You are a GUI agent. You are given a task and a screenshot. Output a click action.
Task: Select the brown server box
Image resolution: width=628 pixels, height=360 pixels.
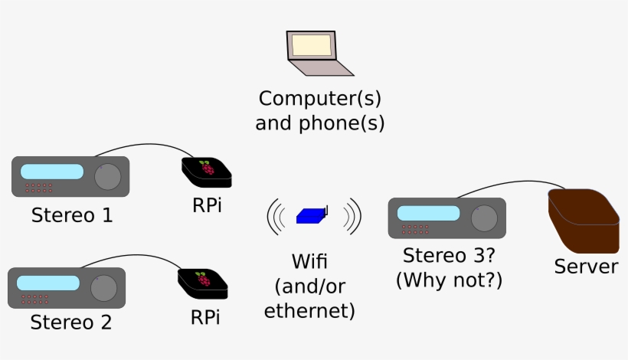click(x=584, y=222)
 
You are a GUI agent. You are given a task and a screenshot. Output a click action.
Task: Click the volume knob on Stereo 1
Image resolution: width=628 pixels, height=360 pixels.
click(x=108, y=176)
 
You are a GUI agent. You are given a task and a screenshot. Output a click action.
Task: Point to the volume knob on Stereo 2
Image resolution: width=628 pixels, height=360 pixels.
click(x=103, y=288)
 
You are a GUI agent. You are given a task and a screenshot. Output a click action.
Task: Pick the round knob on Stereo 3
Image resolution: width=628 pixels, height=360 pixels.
click(x=484, y=218)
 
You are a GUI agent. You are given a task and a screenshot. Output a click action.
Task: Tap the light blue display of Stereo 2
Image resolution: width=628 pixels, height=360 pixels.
click(x=48, y=283)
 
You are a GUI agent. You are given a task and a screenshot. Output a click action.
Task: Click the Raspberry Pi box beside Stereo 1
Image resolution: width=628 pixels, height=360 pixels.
click(x=206, y=172)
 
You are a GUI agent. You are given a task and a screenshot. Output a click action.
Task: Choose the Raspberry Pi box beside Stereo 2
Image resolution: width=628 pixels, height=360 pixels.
click(x=203, y=283)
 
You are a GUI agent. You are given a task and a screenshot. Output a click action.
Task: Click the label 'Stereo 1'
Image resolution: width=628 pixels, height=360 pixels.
click(x=72, y=215)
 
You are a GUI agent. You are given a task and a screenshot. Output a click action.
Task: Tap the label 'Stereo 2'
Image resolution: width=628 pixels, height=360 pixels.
click(x=70, y=322)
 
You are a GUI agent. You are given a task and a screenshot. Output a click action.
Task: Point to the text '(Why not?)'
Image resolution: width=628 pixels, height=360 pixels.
click(x=449, y=280)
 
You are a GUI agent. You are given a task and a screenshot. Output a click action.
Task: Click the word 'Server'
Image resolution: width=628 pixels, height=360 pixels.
click(x=586, y=267)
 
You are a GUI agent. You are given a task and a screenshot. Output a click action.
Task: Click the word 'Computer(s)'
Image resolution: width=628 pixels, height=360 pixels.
click(x=319, y=99)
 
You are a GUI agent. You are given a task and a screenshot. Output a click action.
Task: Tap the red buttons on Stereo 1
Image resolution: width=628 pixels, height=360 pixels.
click(x=38, y=188)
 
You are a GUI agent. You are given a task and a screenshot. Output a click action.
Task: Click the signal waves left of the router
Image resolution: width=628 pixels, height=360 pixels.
click(x=275, y=217)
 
